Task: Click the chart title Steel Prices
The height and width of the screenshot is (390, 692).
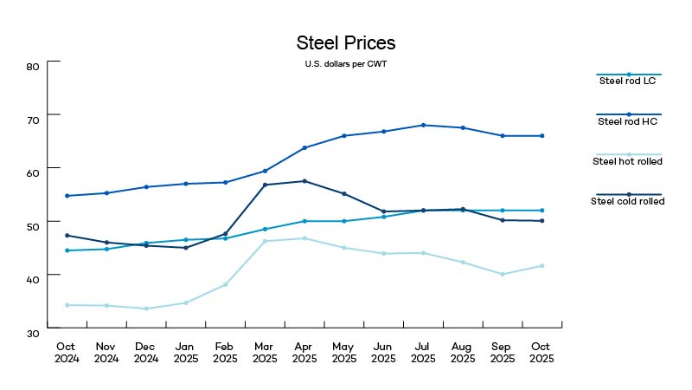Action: pos(346,43)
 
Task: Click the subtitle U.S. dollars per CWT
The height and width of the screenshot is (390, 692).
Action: pos(345,64)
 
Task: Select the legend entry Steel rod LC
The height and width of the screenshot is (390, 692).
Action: pos(629,81)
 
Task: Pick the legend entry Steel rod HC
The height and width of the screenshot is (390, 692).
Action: pos(629,120)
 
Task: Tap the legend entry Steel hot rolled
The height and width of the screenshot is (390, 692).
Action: pos(629,160)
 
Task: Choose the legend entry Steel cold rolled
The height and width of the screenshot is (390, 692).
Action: pos(629,200)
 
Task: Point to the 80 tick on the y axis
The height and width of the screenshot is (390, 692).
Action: pos(34,66)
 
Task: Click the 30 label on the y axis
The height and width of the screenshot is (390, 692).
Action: pos(34,333)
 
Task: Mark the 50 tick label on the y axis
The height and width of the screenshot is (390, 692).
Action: pos(34,226)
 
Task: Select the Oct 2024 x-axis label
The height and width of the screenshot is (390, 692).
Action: pos(67,352)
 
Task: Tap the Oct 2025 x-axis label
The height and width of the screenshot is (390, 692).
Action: pos(541,352)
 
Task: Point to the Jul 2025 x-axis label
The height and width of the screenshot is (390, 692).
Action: pos(423,352)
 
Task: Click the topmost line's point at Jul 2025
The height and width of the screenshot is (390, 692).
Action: pos(423,126)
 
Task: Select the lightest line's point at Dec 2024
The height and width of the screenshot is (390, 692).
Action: pos(146,309)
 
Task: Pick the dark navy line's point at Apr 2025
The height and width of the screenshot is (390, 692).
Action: pos(304,181)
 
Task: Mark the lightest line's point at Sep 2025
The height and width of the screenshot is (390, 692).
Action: pos(503,275)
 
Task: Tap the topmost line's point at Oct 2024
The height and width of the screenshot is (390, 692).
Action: pos(67,196)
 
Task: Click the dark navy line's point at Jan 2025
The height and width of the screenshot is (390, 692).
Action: pos(186,248)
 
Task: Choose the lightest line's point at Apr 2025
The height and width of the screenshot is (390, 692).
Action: pos(304,238)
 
